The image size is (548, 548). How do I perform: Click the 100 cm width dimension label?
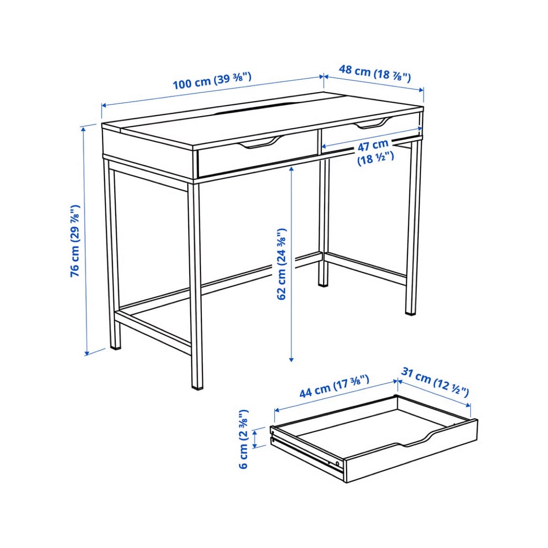pyautogui.click(x=212, y=81)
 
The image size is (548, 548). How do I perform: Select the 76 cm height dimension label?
pyautogui.click(x=74, y=241)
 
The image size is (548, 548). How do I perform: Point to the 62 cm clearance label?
pyautogui.click(x=281, y=264)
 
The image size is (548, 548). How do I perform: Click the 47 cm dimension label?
pyautogui.click(x=375, y=151)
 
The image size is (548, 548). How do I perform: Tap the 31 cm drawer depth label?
pyautogui.click(x=435, y=382)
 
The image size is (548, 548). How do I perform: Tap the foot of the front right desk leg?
pyautogui.click(x=198, y=387)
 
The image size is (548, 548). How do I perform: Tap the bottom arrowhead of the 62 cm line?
pyautogui.click(x=291, y=359)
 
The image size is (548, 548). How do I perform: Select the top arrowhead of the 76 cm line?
pyautogui.click(x=83, y=129)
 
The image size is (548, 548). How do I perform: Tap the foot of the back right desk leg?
pyautogui.click(x=411, y=313)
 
